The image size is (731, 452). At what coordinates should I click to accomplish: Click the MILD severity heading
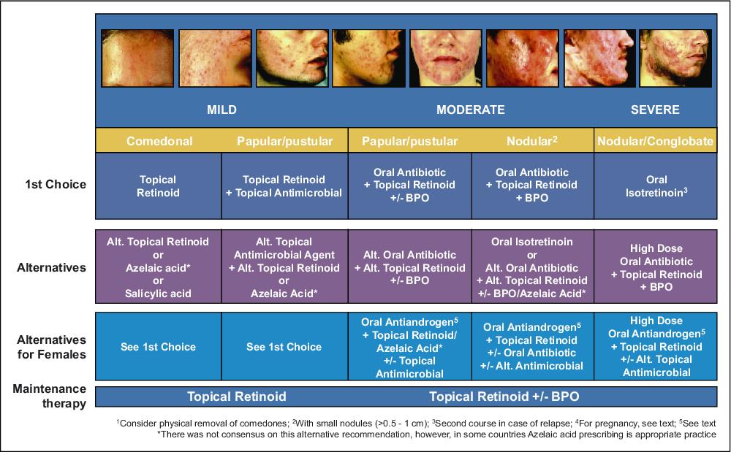pyautogui.click(x=222, y=110)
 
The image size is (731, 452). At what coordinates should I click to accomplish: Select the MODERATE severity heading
pyautogui.click(x=470, y=110)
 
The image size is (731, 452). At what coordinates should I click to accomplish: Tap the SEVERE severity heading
pyautogui.click(x=655, y=110)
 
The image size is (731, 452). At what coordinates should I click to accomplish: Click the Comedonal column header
pyautogui.click(x=159, y=141)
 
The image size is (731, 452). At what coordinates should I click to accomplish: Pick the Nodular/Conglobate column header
pyautogui.click(x=655, y=141)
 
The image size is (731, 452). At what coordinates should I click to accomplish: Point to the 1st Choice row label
pyautogui.click(x=56, y=184)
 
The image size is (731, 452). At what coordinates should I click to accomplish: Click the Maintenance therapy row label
pyautogui.click(x=50, y=397)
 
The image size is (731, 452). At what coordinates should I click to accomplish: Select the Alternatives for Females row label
pyautogui.click(x=52, y=348)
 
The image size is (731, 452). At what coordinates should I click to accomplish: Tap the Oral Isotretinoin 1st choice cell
pyautogui.click(x=656, y=186)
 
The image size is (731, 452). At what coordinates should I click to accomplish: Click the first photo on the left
pyautogui.click(x=137, y=58)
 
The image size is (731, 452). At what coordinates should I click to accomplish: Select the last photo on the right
pyautogui.click(x=675, y=58)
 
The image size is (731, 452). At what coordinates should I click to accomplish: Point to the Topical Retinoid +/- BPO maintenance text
pyautogui.click(x=504, y=397)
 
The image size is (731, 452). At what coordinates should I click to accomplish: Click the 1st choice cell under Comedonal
pyautogui.click(x=158, y=186)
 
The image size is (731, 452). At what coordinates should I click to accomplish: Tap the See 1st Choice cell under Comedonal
pyautogui.click(x=158, y=346)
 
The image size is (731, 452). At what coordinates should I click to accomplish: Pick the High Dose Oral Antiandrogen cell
pyautogui.click(x=656, y=346)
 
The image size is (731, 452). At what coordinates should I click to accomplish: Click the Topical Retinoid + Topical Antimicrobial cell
pyautogui.click(x=284, y=186)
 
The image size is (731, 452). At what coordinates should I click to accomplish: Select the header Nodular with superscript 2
pyautogui.click(x=532, y=141)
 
